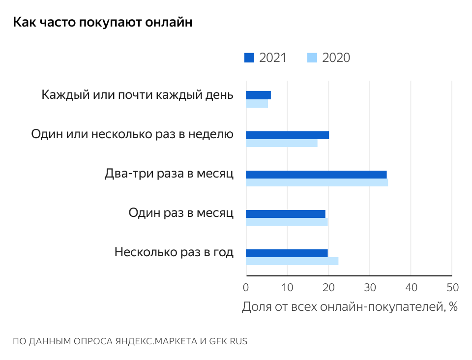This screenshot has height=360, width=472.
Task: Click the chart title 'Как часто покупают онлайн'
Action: pyautogui.click(x=102, y=23)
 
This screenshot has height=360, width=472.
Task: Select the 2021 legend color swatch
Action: pyautogui.click(x=249, y=58)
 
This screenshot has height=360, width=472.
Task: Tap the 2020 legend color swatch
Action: pyautogui.click(x=312, y=58)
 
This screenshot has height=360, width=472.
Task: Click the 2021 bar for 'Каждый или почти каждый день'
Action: pyautogui.click(x=258, y=95)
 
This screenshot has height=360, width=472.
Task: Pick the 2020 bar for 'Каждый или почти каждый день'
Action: pyautogui.click(x=257, y=104)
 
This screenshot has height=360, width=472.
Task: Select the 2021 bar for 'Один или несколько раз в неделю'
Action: pyautogui.click(x=287, y=135)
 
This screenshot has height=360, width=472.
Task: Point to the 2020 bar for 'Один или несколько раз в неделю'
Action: pyautogui.click(x=281, y=143)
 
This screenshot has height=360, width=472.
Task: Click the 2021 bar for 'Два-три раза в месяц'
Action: pyautogui.click(x=316, y=175)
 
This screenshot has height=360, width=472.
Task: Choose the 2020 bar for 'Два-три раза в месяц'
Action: pyautogui.click(x=317, y=182)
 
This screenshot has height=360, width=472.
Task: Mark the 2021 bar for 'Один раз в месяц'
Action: pyautogui.click(x=285, y=214)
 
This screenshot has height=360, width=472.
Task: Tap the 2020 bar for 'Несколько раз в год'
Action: pyautogui.click(x=292, y=261)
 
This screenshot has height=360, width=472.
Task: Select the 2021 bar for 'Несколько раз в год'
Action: pyautogui.click(x=286, y=253)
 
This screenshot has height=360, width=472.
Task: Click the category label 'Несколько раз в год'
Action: pyautogui.click(x=174, y=252)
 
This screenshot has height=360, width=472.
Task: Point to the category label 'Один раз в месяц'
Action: pyautogui.click(x=180, y=213)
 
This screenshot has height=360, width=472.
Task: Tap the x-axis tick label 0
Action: pyautogui.click(x=246, y=287)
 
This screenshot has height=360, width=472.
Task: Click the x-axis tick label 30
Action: pyautogui.click(x=370, y=287)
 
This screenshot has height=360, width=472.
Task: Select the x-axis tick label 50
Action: pyautogui.click(x=452, y=287)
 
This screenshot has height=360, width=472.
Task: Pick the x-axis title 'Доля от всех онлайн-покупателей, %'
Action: pyautogui.click(x=350, y=307)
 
